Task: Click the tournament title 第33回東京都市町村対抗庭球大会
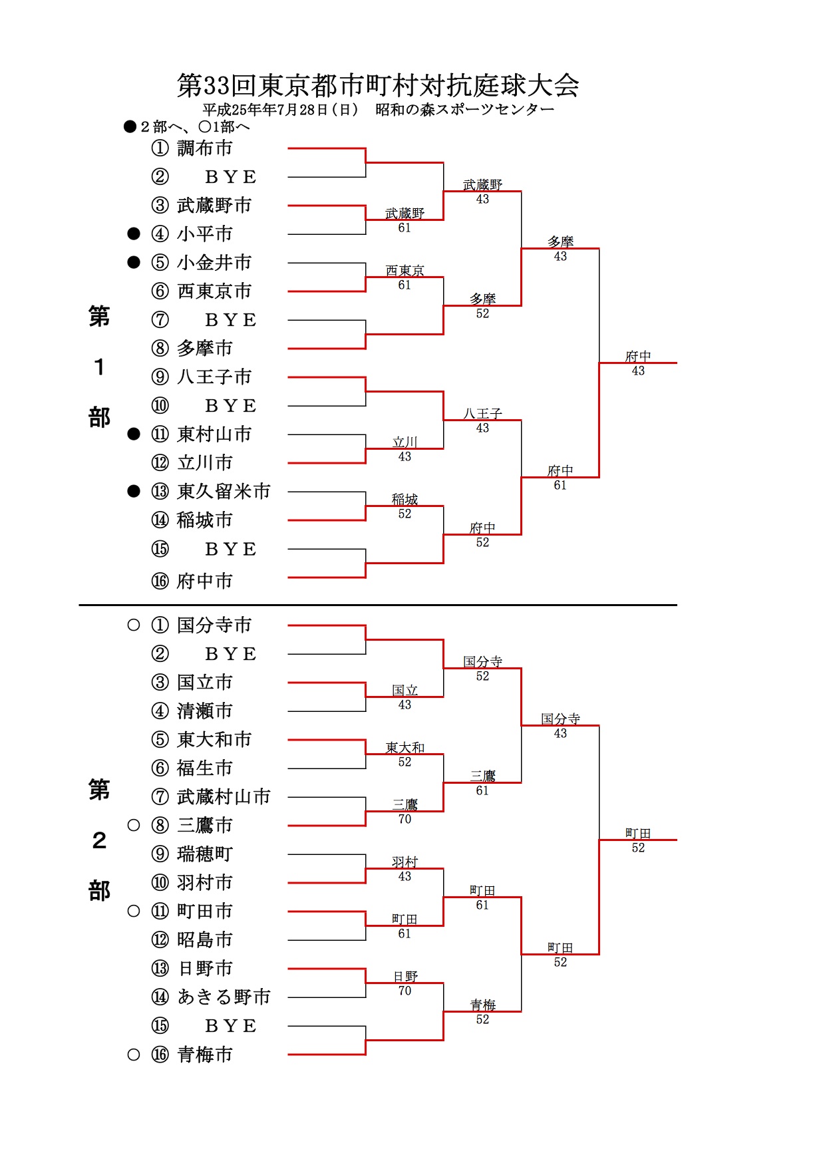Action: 378,85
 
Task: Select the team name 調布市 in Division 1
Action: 205,148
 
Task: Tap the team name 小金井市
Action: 214,262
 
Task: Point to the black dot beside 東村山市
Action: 134,434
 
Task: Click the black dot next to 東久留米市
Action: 134,491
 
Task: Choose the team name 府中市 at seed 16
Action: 205,581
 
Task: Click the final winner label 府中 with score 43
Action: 638,357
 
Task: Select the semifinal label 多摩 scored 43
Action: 560,242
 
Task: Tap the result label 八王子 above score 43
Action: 482,414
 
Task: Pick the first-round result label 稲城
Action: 405,500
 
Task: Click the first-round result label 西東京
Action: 405,271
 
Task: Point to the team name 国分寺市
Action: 214,625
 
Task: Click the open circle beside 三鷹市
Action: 134,825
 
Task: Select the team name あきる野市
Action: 224,997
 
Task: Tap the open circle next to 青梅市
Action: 134,1055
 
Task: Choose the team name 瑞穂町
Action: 205,854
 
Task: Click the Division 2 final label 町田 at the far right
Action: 638,834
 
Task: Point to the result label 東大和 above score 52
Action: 405,748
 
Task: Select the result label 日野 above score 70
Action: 405,977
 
